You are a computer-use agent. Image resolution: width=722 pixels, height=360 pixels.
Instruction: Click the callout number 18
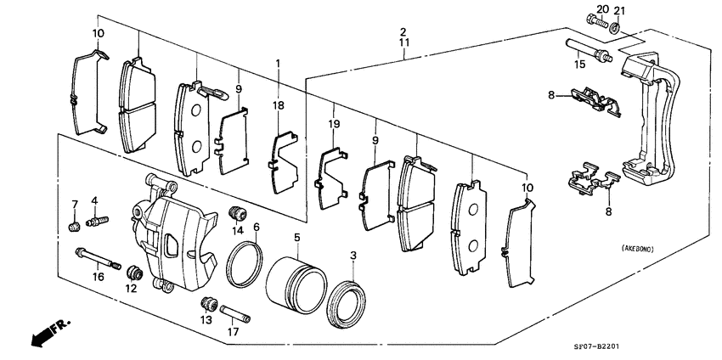point(279,104)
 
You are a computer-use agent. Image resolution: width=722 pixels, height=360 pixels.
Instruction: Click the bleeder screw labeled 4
point(97,222)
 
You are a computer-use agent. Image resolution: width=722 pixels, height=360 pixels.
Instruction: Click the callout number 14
point(239,231)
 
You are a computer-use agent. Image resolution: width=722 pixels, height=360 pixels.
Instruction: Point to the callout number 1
point(278,65)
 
